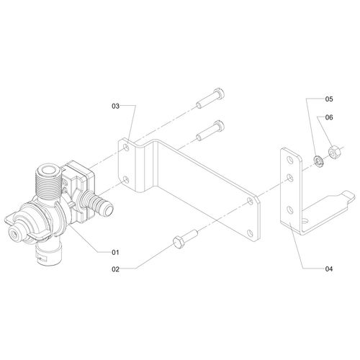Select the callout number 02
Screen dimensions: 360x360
pyautogui.click(x=114, y=269)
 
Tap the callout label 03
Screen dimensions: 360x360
pyautogui.click(x=114, y=106)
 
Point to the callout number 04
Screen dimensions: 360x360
pyautogui.click(x=329, y=269)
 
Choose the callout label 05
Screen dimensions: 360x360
pyautogui.click(x=329, y=98)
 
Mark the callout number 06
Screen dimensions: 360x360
pyautogui.click(x=329, y=117)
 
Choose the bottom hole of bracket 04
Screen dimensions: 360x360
pyautogui.click(x=289, y=210)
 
